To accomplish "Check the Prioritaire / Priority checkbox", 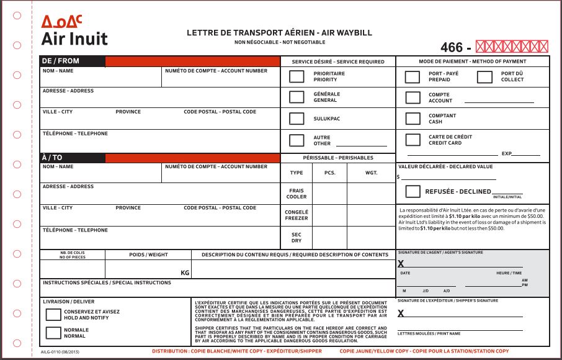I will pos(297,76).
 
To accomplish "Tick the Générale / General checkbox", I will pos(297,97).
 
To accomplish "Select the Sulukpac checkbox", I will pos(297,118).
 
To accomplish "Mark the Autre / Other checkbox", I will pos(297,140).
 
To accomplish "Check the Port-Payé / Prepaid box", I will pos(413,77).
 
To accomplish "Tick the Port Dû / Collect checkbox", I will pos(484,77).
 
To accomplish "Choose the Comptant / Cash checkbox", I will pos(413,119).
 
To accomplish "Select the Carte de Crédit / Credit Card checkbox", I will pos(413,140).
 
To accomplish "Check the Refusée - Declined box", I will pos(413,191).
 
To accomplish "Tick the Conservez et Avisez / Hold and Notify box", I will pos(53,314).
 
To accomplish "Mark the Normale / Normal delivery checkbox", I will pos(53,333).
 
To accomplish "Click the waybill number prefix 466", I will pos(452,47).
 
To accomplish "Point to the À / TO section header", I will pos(52,158).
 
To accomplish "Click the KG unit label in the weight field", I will pos(184,272).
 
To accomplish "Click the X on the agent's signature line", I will pos(401,264).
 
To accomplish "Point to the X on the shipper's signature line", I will pos(401,313).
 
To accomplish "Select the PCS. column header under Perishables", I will pos(330,173).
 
